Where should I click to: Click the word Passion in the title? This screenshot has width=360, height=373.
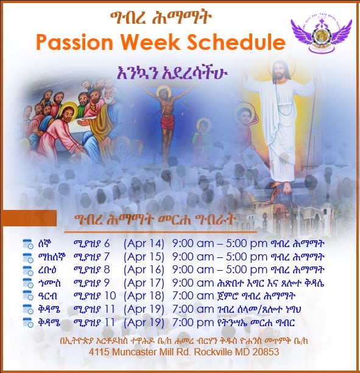click(74, 42)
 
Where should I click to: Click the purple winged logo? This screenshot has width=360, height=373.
click(322, 36)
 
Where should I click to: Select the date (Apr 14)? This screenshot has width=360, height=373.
click(144, 244)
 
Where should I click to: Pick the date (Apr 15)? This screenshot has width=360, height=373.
click(144, 257)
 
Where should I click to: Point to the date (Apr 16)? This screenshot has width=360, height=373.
click(144, 270)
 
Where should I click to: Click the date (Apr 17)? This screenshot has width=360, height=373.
click(144, 283)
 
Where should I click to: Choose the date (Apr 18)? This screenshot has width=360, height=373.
click(144, 296)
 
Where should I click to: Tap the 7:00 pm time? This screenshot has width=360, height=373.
click(193, 322)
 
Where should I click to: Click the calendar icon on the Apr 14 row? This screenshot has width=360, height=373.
click(28, 244)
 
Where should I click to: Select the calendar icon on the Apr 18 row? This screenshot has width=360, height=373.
click(28, 296)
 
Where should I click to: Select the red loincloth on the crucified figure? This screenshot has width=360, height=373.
click(168, 123)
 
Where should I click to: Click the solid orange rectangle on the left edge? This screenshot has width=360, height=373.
click(29, 218)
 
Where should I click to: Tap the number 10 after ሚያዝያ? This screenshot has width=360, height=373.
click(110, 296)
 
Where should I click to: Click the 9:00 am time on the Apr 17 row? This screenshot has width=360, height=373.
click(193, 283)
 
